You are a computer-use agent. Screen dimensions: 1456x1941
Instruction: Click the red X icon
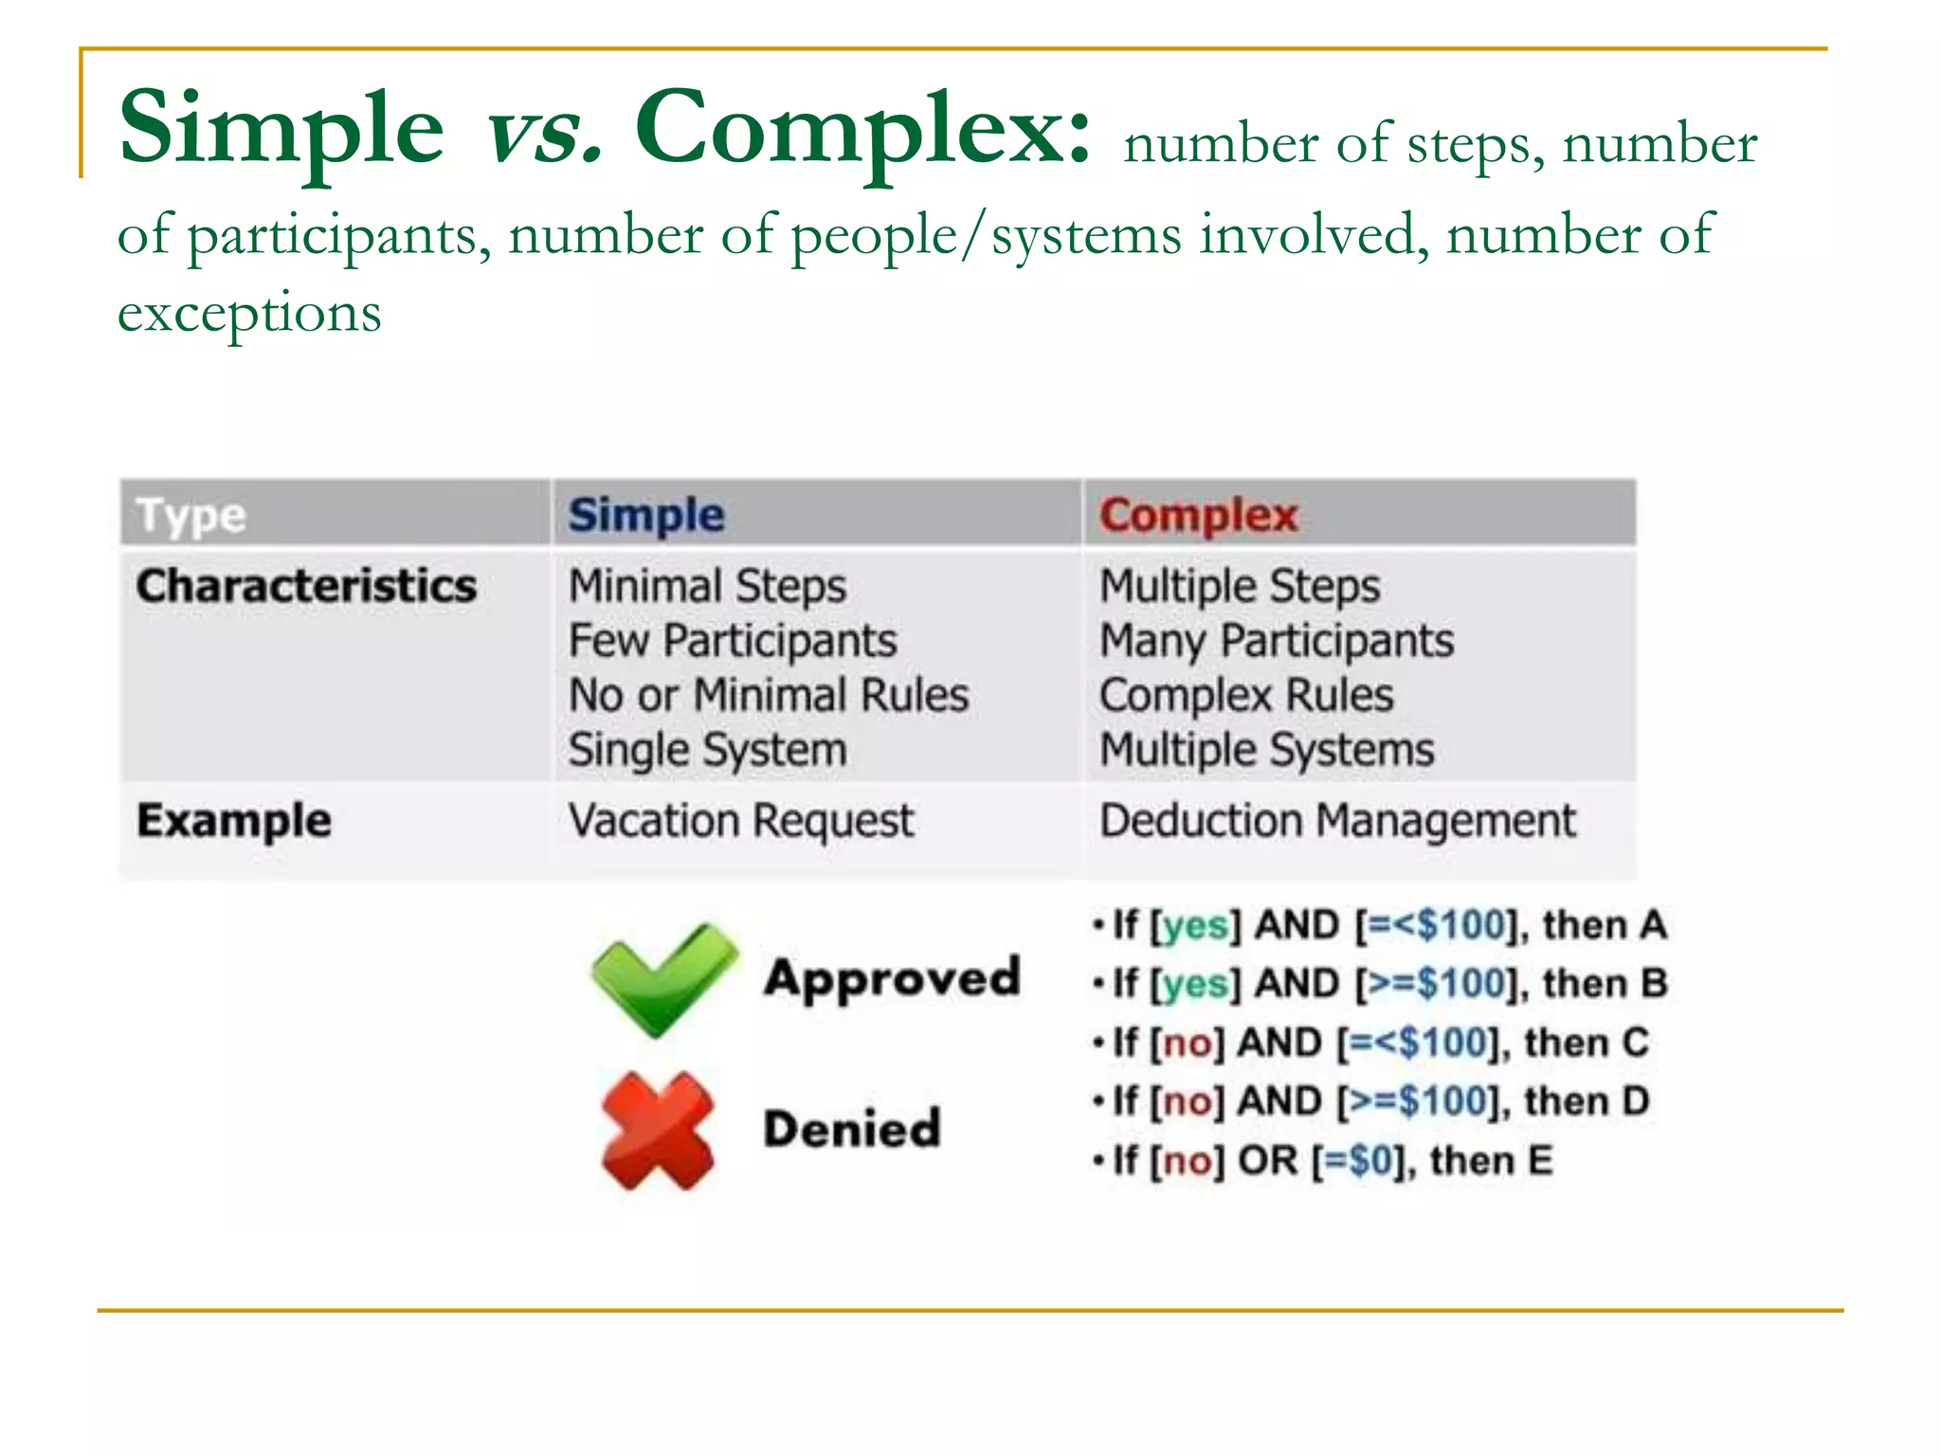(x=657, y=1130)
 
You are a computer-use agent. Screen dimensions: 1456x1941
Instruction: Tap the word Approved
(x=892, y=978)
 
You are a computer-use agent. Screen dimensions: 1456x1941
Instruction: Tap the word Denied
(x=852, y=1129)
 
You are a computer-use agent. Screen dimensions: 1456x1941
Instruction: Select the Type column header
(x=190, y=516)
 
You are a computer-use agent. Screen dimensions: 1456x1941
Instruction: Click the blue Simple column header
(x=646, y=516)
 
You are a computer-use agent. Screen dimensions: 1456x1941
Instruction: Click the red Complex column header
(x=1198, y=516)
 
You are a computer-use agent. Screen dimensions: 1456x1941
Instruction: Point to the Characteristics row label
(x=306, y=586)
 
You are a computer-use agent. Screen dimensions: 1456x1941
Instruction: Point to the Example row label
(x=234, y=821)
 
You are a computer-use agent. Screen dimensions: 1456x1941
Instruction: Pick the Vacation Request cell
(x=741, y=821)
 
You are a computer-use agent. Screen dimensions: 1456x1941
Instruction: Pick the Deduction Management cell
(x=1337, y=821)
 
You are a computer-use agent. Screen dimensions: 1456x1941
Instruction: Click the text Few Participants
(x=733, y=641)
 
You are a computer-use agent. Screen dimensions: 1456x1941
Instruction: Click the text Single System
(x=707, y=750)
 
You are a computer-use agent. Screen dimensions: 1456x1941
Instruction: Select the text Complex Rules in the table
(x=1246, y=696)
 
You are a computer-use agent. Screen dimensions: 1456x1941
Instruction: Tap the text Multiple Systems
(x=1267, y=750)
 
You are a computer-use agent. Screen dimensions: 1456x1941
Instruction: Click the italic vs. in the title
(x=543, y=130)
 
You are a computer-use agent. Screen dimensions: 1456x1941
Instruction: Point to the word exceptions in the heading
(x=249, y=313)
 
